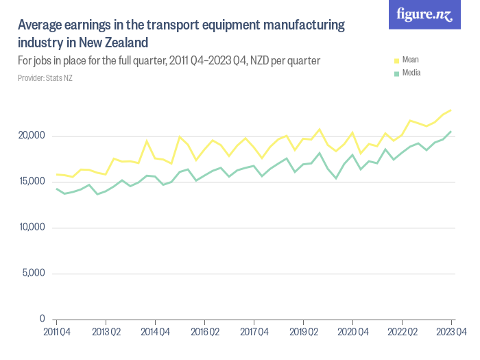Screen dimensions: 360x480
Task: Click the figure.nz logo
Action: point(424,14)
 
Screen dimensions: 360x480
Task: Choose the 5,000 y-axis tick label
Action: point(33,274)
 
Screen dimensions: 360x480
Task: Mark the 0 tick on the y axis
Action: point(42,320)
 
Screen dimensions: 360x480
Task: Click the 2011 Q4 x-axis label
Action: point(56,333)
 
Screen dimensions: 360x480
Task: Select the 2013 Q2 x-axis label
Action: point(106,333)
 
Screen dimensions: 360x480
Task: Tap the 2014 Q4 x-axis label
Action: point(155,333)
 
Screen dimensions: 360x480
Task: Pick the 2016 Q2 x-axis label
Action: point(204,333)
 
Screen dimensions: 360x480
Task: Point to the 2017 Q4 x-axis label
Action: point(254,333)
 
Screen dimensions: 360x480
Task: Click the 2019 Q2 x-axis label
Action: point(303,333)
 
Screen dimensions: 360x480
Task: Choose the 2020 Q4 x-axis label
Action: point(352,333)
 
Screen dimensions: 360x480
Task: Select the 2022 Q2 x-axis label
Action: point(402,333)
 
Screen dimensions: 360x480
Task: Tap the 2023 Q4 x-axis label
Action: point(451,333)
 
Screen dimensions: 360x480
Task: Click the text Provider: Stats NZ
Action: point(45,77)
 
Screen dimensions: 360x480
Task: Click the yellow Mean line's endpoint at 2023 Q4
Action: point(451,110)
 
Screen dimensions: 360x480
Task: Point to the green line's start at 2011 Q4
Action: point(56,189)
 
